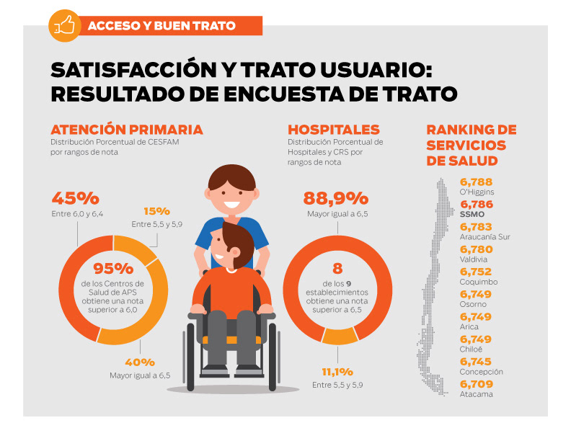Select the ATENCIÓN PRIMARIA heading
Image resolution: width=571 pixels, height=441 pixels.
[126, 130]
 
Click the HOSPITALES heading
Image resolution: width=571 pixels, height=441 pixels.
[334, 130]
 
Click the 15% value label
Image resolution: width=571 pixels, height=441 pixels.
[156, 211]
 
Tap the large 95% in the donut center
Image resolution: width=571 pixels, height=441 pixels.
[113, 268]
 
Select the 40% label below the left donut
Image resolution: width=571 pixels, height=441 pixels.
[140, 362]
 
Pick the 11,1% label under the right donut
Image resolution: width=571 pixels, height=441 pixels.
[337, 372]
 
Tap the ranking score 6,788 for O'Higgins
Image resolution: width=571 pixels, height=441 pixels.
[476, 182]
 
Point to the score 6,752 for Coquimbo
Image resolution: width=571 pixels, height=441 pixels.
[476, 272]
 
